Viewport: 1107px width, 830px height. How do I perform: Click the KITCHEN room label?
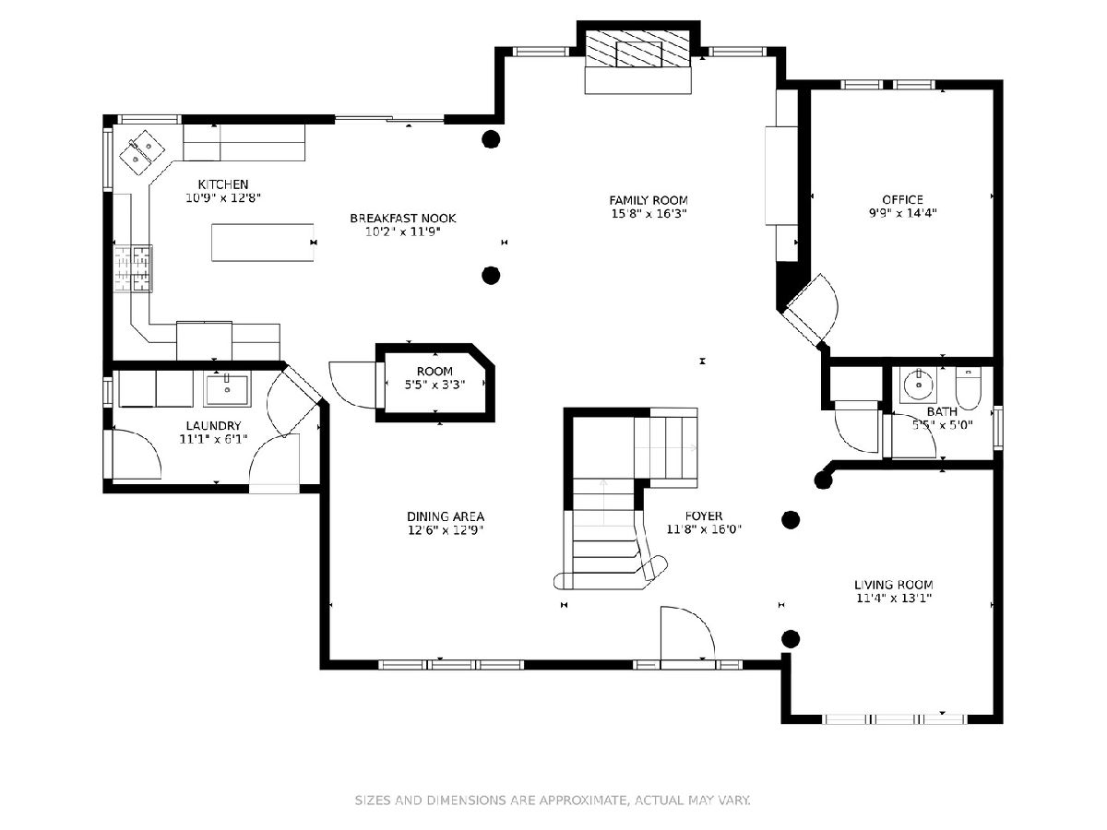click(x=223, y=184)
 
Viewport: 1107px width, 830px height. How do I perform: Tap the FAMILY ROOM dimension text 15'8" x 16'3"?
click(x=649, y=214)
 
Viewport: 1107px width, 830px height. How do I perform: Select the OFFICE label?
click(x=902, y=199)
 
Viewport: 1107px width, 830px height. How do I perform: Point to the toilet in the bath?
click(x=968, y=389)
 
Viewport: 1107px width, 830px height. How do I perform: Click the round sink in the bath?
click(x=919, y=385)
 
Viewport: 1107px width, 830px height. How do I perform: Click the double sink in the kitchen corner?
click(x=142, y=152)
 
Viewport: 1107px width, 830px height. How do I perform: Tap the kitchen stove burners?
click(x=133, y=268)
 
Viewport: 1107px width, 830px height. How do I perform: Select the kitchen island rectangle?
click(x=262, y=243)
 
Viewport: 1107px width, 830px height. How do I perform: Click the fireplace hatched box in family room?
click(x=638, y=49)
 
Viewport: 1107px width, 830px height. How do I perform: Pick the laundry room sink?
click(x=227, y=390)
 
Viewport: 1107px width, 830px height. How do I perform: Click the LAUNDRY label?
click(x=213, y=426)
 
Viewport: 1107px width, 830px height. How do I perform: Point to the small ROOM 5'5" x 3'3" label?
click(x=434, y=378)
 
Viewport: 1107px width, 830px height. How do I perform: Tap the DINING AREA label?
click(x=446, y=516)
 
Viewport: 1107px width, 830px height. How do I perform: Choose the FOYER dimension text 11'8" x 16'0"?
click(x=704, y=529)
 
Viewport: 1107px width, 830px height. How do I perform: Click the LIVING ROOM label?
click(x=893, y=585)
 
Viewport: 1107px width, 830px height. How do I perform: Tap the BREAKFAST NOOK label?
click(x=402, y=219)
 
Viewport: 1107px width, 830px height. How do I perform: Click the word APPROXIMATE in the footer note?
click(x=584, y=800)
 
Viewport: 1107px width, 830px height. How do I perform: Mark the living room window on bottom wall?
click(x=895, y=719)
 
